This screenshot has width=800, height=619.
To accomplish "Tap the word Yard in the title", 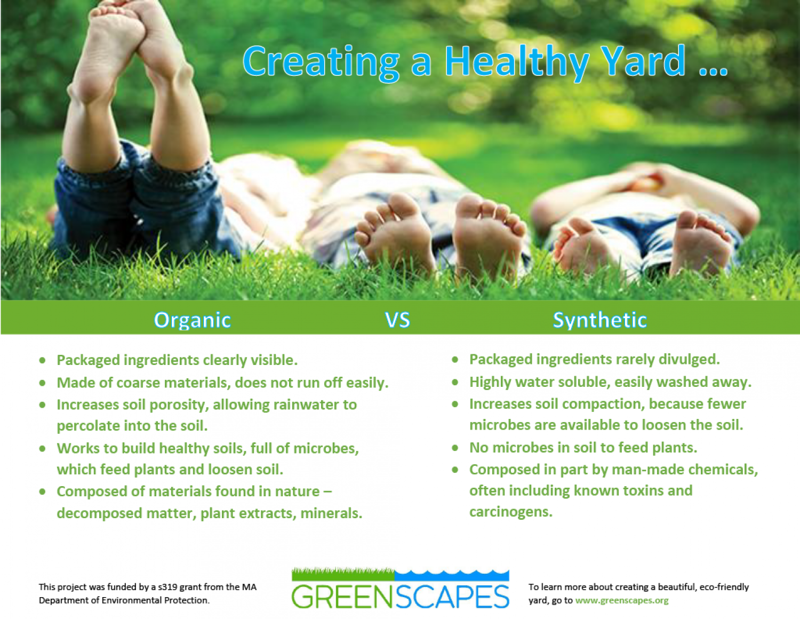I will [x=643, y=61].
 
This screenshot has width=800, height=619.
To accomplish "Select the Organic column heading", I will [x=192, y=320].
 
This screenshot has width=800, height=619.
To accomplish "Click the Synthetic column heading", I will [x=599, y=320].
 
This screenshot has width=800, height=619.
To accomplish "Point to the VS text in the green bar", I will [x=397, y=320].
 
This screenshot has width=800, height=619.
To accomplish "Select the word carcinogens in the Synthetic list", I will [x=510, y=512].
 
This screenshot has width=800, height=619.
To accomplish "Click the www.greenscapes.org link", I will [x=621, y=600].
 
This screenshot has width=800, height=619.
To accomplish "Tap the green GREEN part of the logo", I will [x=342, y=597].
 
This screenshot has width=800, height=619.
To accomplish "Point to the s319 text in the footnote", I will [x=167, y=587].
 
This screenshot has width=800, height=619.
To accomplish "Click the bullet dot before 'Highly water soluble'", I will [x=455, y=382].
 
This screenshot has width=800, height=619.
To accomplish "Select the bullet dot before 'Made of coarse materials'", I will [x=43, y=383].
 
